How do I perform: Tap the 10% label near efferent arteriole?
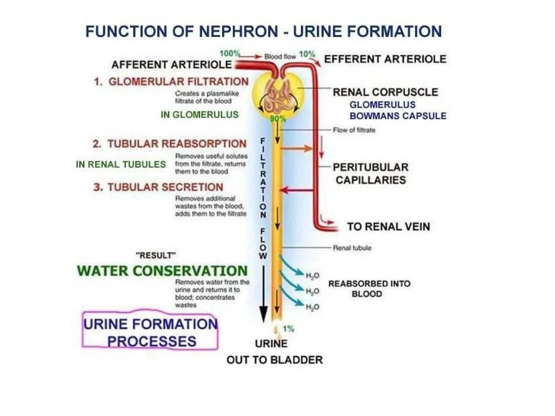point(307,54)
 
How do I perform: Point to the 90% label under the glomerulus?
point(278,119)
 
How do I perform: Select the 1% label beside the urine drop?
point(288,329)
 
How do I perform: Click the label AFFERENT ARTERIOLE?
point(172,65)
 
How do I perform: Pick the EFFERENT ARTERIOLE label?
point(385,59)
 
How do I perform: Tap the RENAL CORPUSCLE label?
point(385,92)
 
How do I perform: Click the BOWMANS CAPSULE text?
point(398,116)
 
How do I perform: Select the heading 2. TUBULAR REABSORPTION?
point(170,144)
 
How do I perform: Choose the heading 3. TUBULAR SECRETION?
point(158,187)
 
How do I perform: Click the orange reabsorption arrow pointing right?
point(296,148)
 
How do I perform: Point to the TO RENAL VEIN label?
point(389,227)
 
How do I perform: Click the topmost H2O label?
point(312,276)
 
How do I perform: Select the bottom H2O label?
point(312,307)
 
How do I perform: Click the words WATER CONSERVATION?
point(162,271)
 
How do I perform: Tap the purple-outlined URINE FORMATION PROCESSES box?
point(150,332)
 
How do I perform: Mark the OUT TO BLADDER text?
point(275,360)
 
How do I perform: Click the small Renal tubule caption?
point(352,248)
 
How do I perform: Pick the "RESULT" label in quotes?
point(156,255)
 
